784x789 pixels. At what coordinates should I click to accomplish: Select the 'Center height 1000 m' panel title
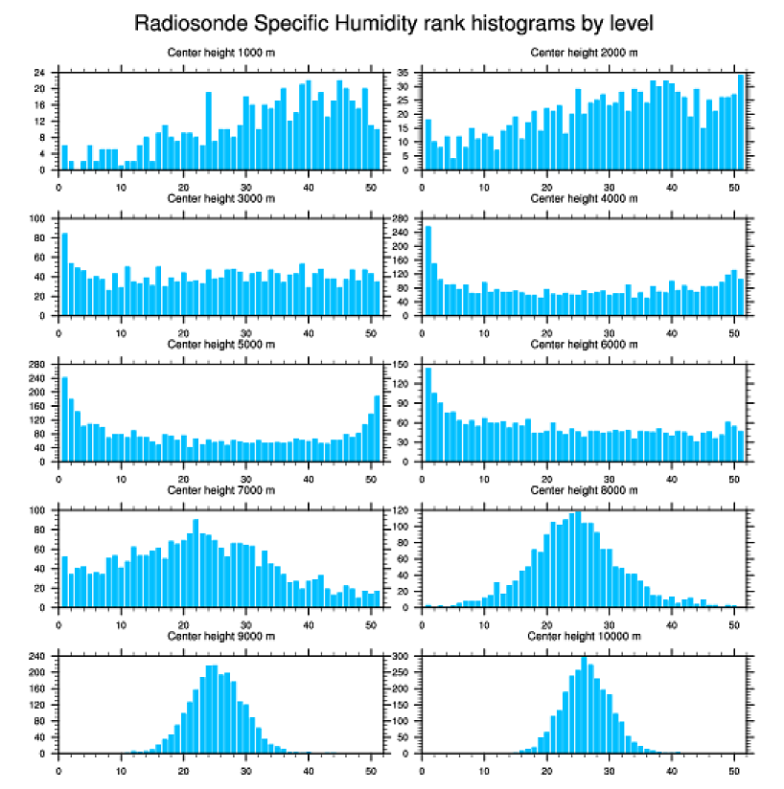click(220, 53)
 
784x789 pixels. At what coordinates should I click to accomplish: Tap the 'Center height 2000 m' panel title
click(584, 53)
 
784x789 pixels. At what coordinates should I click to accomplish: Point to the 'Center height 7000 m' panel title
click(220, 490)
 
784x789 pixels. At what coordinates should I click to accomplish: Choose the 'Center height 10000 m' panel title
click(584, 636)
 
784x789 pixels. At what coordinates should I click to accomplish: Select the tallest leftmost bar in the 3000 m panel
click(65, 275)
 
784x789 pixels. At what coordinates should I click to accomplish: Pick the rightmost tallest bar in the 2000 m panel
click(741, 122)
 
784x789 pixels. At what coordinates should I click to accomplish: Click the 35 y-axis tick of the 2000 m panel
click(404, 73)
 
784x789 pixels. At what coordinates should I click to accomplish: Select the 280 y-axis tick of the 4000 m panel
click(402, 219)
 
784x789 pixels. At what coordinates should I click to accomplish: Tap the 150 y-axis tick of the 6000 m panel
click(402, 365)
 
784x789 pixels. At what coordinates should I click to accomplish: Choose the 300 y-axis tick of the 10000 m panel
click(402, 656)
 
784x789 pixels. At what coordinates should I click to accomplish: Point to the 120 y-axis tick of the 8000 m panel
click(402, 510)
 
